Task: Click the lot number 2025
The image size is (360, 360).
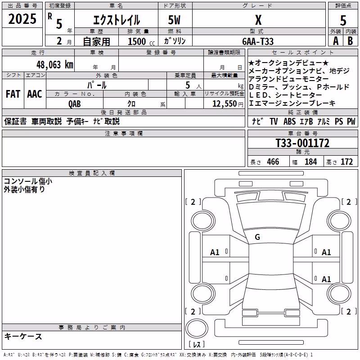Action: click(22, 19)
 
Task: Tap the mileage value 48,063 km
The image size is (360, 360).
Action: click(54, 65)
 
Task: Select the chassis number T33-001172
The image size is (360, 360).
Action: click(302, 143)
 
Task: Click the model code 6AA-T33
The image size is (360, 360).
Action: click(258, 41)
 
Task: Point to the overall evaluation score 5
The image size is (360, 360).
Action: click(343, 21)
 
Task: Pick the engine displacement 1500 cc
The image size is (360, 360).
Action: click(141, 41)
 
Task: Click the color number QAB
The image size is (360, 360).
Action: click(74, 104)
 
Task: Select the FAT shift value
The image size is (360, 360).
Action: click(13, 94)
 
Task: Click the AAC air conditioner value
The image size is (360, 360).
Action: click(35, 94)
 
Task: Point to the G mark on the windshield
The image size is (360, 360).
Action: click(257, 237)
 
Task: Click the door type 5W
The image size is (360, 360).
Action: click(174, 20)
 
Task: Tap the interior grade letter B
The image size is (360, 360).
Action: click(350, 41)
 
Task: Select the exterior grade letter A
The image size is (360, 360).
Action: click(336, 41)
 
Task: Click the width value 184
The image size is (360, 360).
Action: click(310, 162)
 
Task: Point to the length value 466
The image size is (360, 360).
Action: click(273, 162)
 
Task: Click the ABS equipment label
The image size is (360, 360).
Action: click(289, 121)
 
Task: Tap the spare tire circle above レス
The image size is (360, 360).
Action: click(197, 328)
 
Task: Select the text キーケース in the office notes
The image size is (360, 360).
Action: click(23, 336)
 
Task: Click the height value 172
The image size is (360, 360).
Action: click(346, 162)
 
